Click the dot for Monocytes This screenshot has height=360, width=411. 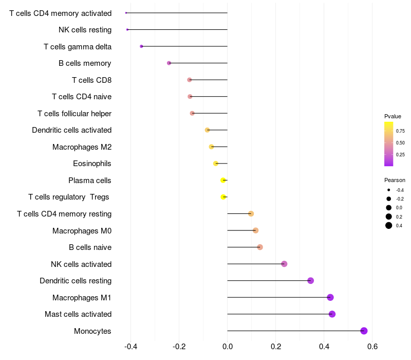[364, 331]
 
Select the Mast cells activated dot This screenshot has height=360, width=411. [332, 314]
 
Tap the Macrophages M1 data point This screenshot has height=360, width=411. [330, 297]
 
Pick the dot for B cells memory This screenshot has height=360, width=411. [169, 63]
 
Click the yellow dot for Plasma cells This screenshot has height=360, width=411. [223, 181]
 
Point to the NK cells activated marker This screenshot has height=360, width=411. [284, 264]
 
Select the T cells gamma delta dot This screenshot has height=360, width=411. [142, 46]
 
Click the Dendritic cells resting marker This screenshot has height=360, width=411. [311, 280]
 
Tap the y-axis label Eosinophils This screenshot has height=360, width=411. [92, 164]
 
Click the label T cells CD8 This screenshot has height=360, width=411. [92, 80]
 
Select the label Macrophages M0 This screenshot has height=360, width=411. [82, 230]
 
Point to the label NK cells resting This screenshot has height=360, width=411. [85, 30]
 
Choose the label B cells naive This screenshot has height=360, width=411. [90, 247]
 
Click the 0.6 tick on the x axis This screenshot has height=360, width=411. [372, 347]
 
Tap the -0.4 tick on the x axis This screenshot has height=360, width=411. [131, 347]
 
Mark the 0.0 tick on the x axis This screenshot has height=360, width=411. [228, 347]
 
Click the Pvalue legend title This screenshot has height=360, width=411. [393, 116]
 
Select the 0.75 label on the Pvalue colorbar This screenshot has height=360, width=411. [400, 131]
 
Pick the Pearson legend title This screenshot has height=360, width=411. [395, 181]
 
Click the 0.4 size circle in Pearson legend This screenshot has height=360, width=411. [389, 225]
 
